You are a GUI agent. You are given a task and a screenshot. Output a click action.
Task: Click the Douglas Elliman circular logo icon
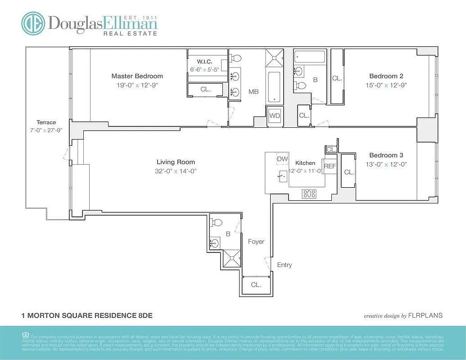(x=33, y=23)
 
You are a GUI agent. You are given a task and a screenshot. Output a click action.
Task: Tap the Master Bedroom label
(x=137, y=76)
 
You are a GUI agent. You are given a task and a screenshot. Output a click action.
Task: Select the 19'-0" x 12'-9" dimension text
(x=137, y=85)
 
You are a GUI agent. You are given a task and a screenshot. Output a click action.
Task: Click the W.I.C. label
(x=204, y=62)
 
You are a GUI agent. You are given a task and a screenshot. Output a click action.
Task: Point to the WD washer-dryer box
(x=275, y=116)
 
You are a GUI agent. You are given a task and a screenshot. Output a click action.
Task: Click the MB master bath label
(x=253, y=92)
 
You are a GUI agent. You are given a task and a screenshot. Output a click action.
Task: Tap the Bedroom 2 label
(x=386, y=76)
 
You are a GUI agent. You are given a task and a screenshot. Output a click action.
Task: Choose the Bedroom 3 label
(x=386, y=155)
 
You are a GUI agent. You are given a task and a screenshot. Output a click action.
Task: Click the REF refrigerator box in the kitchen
(x=330, y=166)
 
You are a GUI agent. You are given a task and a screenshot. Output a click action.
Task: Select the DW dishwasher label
(x=282, y=159)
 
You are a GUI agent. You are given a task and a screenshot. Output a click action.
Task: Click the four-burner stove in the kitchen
(x=309, y=193)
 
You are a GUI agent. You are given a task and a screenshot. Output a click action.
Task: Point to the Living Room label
(x=176, y=162)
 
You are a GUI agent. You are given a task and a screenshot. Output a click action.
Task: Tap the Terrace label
(x=46, y=122)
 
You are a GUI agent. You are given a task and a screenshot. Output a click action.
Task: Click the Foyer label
(x=256, y=242)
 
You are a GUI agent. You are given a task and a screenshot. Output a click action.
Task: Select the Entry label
(x=284, y=265)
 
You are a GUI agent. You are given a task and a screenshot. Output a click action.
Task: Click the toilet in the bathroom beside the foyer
(x=217, y=223)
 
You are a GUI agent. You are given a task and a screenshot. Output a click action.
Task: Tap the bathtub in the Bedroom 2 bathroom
(x=310, y=57)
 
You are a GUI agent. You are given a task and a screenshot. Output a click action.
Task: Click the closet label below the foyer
(x=256, y=285)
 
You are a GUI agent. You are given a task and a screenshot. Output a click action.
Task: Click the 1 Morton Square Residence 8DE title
(x=87, y=315)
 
